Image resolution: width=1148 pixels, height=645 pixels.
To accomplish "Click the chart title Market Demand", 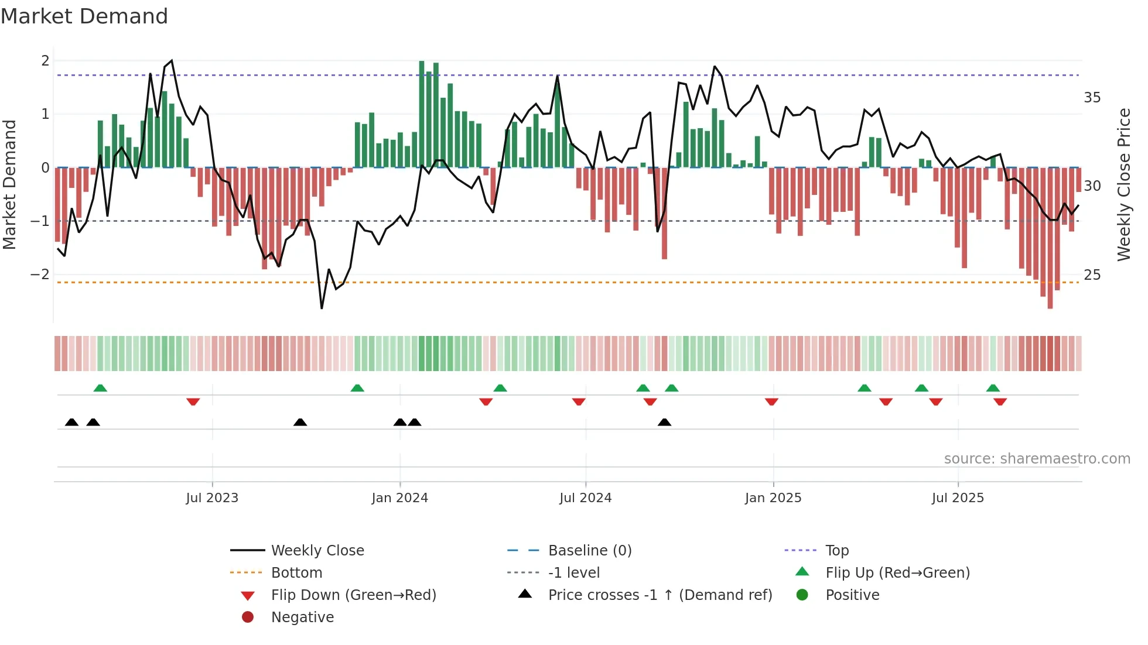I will click(x=84, y=16).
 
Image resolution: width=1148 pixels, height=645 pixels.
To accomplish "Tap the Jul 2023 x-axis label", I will click(x=212, y=498).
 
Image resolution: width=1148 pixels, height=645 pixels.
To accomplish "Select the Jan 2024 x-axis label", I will click(x=399, y=498).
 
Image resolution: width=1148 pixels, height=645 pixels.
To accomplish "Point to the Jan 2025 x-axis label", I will click(x=773, y=498).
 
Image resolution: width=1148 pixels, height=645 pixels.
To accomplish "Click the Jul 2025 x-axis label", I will click(x=958, y=498).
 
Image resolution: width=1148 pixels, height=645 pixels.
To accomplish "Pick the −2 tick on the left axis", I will click(x=40, y=275).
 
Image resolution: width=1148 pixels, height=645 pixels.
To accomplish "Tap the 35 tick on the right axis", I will click(x=1092, y=98).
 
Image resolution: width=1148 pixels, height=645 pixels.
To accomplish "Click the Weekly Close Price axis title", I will click(x=1123, y=184).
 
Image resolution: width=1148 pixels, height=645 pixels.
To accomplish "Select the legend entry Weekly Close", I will click(x=317, y=551).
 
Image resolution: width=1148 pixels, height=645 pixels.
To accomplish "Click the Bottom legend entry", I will click(x=296, y=573).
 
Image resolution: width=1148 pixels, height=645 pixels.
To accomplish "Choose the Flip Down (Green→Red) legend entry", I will click(x=353, y=595).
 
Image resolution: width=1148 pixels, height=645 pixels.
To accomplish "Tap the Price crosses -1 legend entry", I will click(x=660, y=595).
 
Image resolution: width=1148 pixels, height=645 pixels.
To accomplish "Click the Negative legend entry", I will click(x=302, y=617).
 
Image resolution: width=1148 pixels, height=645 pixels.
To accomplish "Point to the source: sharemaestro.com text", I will click(x=1037, y=459).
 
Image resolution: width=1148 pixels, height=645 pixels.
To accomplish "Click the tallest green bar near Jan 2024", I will click(x=422, y=114).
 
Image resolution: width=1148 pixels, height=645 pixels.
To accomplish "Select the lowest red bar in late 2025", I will click(x=1050, y=238).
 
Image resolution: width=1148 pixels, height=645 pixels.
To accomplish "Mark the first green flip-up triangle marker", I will click(x=100, y=388).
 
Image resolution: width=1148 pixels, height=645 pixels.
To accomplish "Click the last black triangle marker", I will click(x=664, y=422).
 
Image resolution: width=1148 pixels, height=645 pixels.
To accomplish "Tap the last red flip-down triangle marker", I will click(x=1000, y=402).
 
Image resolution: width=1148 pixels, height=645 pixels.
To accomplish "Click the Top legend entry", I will click(x=836, y=551).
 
